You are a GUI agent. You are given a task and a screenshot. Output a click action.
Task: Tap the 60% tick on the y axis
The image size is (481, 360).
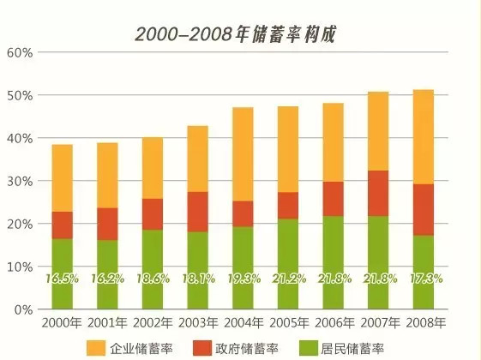click(20, 53)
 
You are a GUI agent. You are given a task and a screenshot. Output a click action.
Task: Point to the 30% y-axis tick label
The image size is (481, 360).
click(20, 182)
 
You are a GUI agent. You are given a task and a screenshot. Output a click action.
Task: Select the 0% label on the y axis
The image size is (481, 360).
click(23, 309)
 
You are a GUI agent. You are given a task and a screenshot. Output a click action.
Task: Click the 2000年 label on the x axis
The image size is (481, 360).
click(63, 323)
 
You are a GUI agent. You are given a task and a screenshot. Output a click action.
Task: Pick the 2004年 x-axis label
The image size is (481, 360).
click(243, 323)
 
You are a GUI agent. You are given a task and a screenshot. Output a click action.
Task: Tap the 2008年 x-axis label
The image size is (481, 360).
click(424, 323)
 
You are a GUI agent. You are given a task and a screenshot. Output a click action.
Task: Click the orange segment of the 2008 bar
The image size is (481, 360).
click(424, 137)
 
